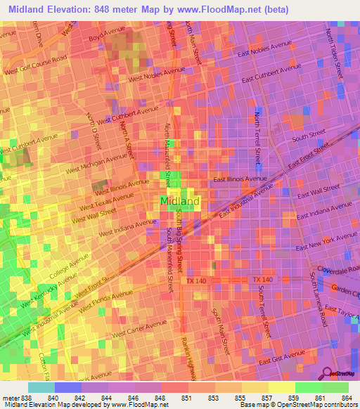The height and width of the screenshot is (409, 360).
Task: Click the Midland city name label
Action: click(180, 202)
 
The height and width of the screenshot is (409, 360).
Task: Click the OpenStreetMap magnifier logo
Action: click(327, 372)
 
